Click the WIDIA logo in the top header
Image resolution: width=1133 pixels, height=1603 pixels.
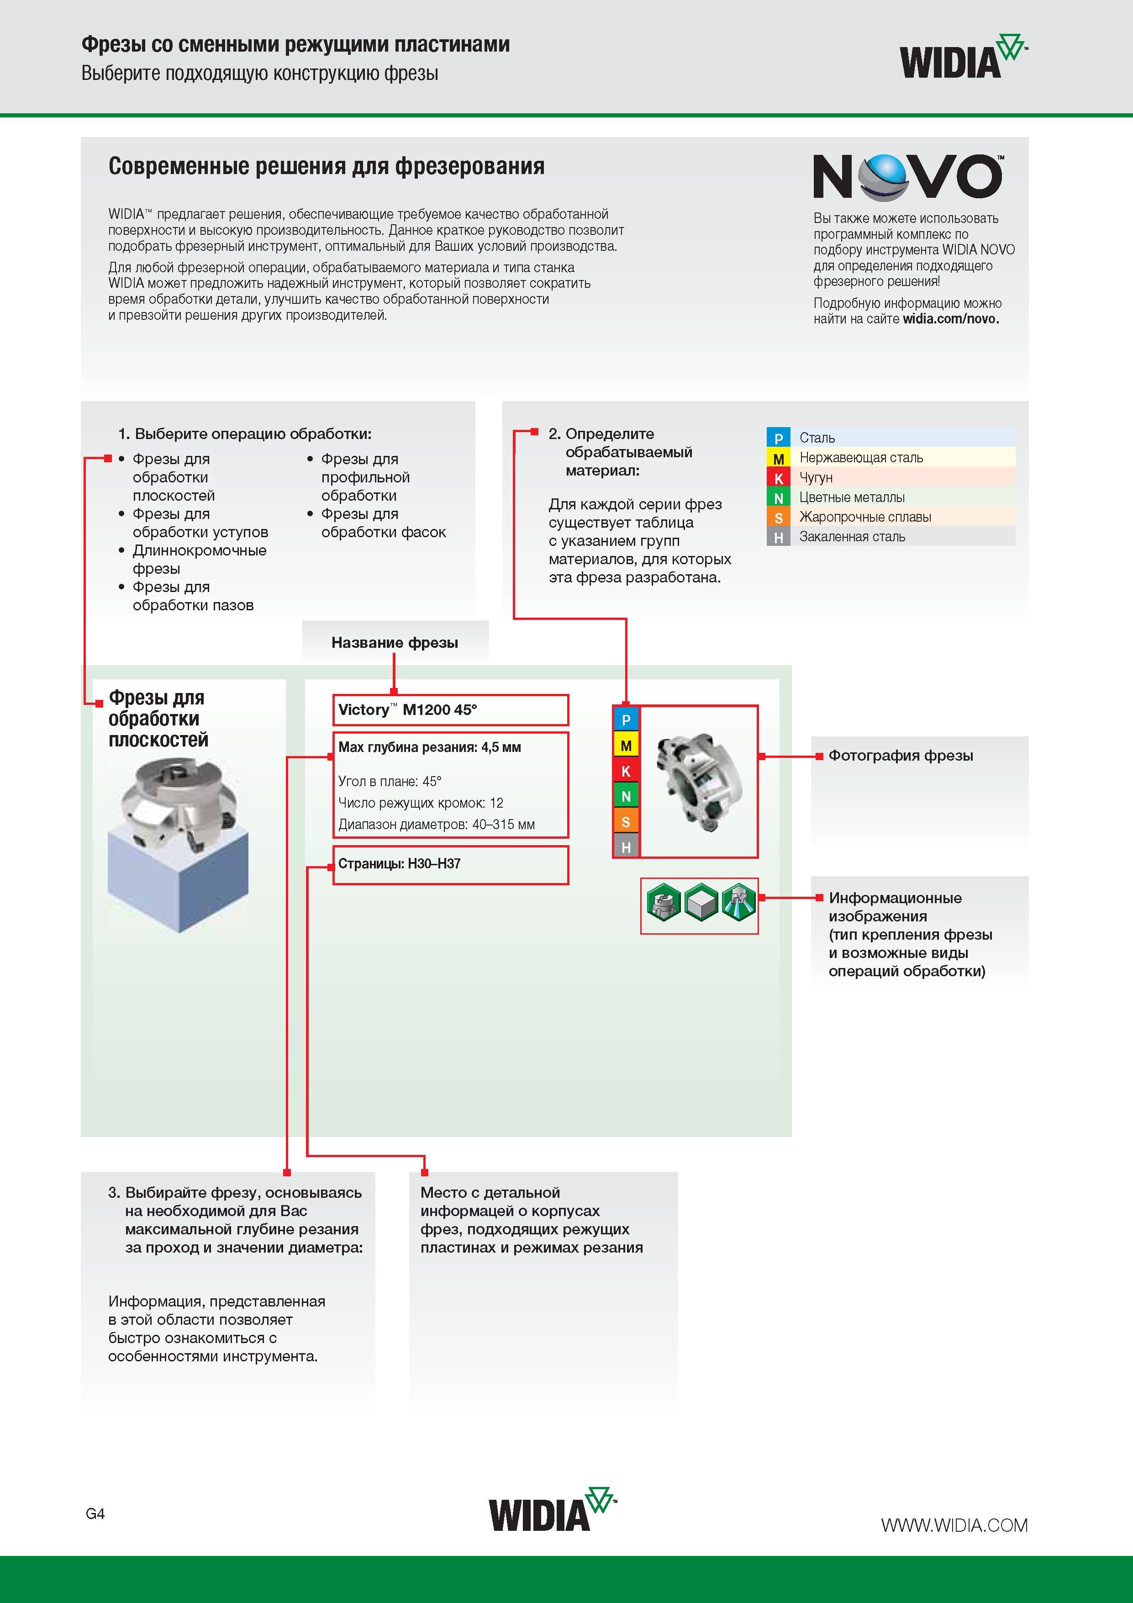click(x=964, y=56)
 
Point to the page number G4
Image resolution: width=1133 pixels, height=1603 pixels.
click(x=95, y=1513)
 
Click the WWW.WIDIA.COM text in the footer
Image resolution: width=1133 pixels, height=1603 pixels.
click(x=954, y=1525)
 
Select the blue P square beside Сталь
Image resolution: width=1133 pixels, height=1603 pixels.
click(x=778, y=438)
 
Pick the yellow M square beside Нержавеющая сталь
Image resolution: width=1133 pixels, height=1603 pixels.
click(x=778, y=458)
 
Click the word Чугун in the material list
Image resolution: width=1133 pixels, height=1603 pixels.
click(x=816, y=477)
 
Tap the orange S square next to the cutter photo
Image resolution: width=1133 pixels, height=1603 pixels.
click(x=626, y=822)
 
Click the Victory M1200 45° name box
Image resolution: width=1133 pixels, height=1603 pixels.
click(x=450, y=710)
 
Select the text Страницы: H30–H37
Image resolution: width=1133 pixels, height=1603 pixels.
click(x=399, y=864)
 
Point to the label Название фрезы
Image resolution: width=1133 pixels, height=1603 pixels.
click(x=395, y=642)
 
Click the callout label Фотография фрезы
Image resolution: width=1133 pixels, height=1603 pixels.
click(x=901, y=756)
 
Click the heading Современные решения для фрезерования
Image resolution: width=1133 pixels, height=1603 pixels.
click(x=327, y=166)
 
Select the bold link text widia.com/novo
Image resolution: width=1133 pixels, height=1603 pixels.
click(x=951, y=319)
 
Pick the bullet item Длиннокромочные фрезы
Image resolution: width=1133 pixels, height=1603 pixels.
click(x=200, y=559)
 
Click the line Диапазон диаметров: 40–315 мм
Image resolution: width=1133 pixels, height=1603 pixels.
click(x=436, y=825)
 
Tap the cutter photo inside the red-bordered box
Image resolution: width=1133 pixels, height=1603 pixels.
click(x=698, y=781)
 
